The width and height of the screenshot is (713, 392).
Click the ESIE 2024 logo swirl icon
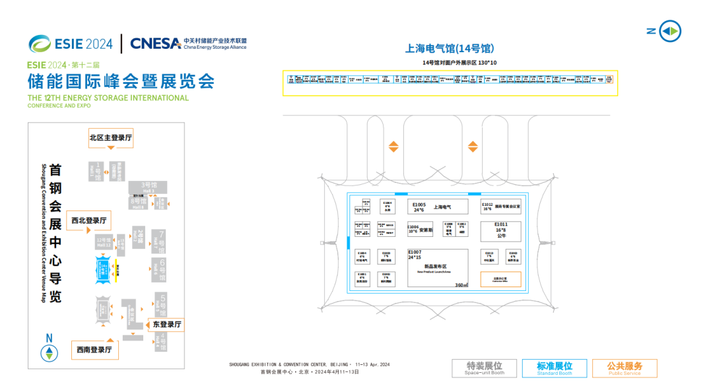pyautogui.click(x=40, y=44)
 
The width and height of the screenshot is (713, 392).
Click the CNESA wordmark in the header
pyautogui.click(x=156, y=44)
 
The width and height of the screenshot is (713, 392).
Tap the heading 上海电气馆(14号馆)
pyautogui.click(x=450, y=49)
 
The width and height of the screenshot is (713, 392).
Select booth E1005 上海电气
pyautogui.click(x=438, y=207)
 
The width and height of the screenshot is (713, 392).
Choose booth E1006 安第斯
pyautogui.click(x=420, y=230)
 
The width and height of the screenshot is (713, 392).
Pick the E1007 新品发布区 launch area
pyautogui.click(x=437, y=267)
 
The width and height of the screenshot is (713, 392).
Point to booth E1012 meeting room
pyautogui.click(x=501, y=207)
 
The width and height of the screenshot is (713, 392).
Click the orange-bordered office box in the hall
pyautogui.click(x=500, y=279)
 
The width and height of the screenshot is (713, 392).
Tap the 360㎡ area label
pyautogui.click(x=461, y=286)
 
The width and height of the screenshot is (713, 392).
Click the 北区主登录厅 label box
pyautogui.click(x=111, y=138)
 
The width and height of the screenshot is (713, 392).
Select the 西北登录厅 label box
pyautogui.click(x=89, y=220)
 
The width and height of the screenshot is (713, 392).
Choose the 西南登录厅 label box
pyautogui.click(x=94, y=350)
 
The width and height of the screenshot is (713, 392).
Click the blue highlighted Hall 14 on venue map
pyautogui.click(x=104, y=269)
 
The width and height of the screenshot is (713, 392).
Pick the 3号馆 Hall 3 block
pyautogui.click(x=148, y=187)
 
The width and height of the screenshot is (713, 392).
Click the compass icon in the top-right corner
pyautogui.click(x=670, y=31)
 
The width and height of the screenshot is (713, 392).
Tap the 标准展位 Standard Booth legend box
pyautogui.click(x=554, y=368)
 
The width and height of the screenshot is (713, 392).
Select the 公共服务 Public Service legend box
pyautogui.click(x=624, y=368)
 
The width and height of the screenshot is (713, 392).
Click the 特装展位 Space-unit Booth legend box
pyautogui.click(x=484, y=368)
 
